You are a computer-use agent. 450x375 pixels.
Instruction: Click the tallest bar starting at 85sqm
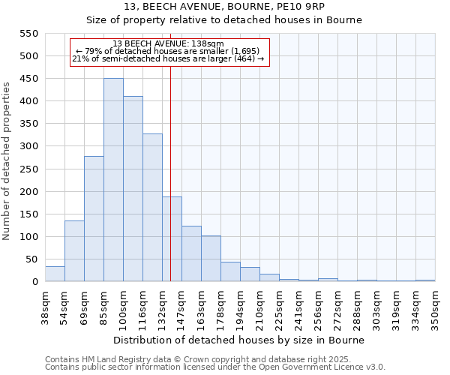click(113, 180)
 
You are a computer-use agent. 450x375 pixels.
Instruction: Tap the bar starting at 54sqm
click(74, 251)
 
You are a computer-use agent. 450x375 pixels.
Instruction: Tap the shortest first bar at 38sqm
click(55, 274)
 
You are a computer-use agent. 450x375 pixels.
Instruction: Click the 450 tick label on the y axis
click(28, 79)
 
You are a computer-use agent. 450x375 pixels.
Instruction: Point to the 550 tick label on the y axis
click(28, 34)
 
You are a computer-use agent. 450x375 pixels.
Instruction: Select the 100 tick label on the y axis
click(28, 237)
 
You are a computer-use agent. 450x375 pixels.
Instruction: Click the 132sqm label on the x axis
click(162, 307)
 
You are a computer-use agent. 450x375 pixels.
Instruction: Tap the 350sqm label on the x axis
click(435, 307)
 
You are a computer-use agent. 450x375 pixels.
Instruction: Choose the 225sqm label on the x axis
click(279, 307)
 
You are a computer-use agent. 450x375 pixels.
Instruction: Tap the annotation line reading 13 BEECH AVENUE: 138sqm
click(168, 43)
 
